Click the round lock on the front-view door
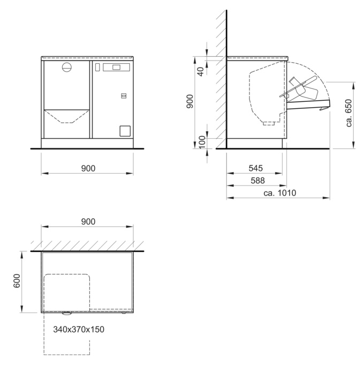pyautogui.click(x=67, y=68)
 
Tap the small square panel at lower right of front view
pyautogui.click(x=125, y=131)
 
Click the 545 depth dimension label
pyautogui.click(x=256, y=168)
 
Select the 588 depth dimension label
pyautogui.click(x=257, y=181)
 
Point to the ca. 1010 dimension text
pyautogui.click(x=280, y=193)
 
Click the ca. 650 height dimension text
pyautogui.click(x=348, y=113)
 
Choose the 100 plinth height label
pyautogui.click(x=202, y=142)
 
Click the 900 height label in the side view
pyautogui.click(x=190, y=101)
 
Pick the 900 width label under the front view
pyautogui.click(x=88, y=168)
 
